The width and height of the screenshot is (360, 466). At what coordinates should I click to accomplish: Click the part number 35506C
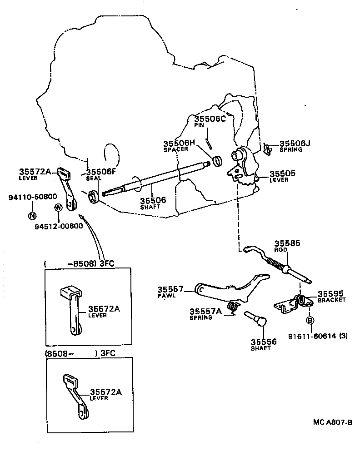coord(210,119)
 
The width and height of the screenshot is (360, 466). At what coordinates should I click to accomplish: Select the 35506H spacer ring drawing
coord(218,160)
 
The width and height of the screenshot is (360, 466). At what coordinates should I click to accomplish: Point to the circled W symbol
coord(58,208)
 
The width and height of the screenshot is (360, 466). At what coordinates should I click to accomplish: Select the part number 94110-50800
coord(33,197)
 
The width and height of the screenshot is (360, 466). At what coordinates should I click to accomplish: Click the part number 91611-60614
coord(312,336)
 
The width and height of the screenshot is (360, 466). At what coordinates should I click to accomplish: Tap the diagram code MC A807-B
coord(333,422)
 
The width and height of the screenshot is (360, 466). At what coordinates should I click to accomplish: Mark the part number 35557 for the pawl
coord(170,289)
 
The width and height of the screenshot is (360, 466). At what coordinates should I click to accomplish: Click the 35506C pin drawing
coord(208,143)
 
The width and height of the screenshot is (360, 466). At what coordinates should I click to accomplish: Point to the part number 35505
coord(282,174)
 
